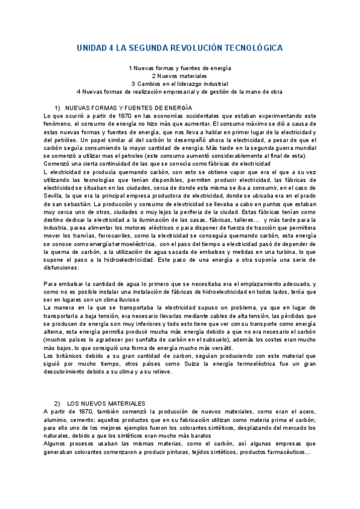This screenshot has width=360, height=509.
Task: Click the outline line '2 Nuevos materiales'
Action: [179, 76]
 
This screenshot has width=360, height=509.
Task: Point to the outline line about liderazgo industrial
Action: [179, 84]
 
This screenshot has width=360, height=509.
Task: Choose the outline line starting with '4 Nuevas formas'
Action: [179, 92]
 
